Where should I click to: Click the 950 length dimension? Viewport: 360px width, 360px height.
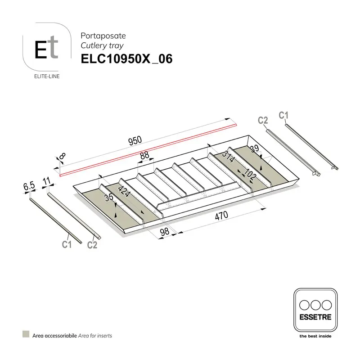click(135, 141)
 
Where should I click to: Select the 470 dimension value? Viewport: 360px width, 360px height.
click(221, 216)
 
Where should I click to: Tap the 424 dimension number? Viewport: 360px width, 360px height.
click(124, 193)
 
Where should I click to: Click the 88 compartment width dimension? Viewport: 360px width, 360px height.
click(144, 155)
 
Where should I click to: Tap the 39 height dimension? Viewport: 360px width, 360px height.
click(255, 149)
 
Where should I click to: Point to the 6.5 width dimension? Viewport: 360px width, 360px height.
click(29, 185)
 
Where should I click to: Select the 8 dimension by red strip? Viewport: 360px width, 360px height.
click(62, 157)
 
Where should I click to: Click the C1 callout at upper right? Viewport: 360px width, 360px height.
click(283, 116)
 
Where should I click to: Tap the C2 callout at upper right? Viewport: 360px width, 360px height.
click(263, 120)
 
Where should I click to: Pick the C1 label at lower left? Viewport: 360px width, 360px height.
click(67, 244)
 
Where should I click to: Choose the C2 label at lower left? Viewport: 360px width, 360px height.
click(92, 245)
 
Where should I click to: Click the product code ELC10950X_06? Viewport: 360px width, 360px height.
click(126, 59)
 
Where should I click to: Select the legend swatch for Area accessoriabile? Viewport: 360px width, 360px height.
click(26, 335)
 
